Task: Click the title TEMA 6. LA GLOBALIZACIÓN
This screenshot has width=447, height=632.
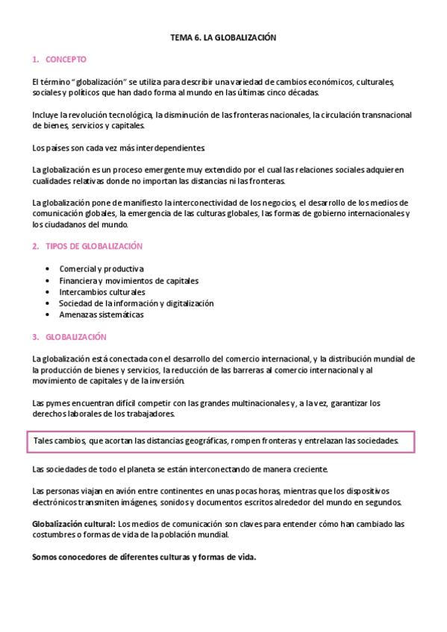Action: (224, 37)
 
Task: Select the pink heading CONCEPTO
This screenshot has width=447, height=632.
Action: (66, 59)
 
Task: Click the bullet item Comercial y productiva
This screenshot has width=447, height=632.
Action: (101, 268)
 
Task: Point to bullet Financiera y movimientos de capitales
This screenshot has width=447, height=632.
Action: (128, 280)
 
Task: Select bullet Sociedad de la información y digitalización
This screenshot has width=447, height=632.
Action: (136, 303)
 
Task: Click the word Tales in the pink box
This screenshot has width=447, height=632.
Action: (44, 441)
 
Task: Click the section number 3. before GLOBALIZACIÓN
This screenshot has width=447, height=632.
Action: (35, 337)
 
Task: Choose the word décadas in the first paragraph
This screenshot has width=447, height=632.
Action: (301, 93)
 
